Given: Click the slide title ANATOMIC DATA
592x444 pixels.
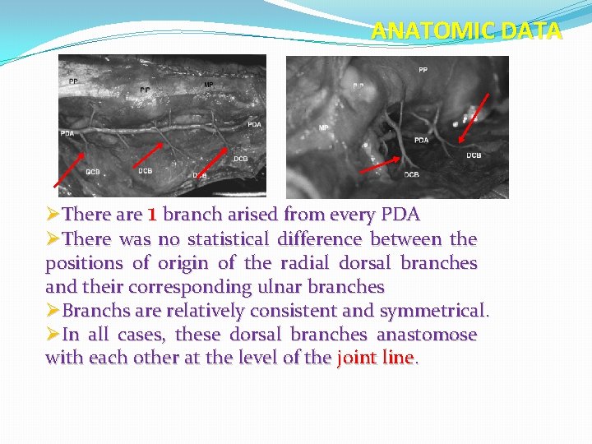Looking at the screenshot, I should pos(466,31).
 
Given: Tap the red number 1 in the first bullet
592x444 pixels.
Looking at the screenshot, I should pos(151,215).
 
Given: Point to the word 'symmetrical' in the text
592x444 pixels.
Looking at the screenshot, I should pos(434,311).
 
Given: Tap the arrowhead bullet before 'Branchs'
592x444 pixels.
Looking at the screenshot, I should pos(53,311).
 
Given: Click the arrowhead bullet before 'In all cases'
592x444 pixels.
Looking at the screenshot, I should pos(53,335).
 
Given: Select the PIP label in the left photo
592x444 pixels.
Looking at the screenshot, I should pos(145,89).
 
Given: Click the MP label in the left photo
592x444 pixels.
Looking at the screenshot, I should pos(208,85).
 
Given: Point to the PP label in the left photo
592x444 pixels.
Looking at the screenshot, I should pos(74,81).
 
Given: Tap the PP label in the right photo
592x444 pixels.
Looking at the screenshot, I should pos(423,71).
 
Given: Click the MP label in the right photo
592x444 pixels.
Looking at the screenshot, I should pos(323,128).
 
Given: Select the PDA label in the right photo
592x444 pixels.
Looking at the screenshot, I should pos(421,141).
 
